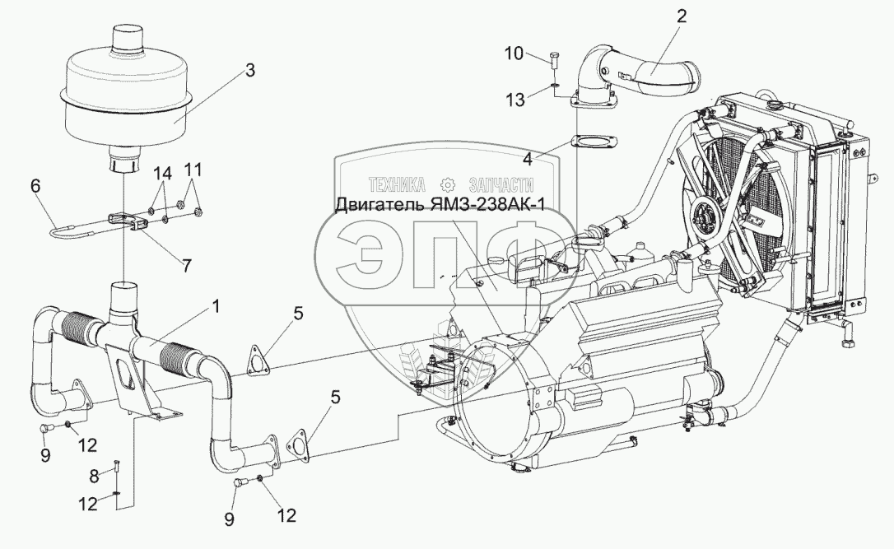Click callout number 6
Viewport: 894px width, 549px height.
coord(35,188)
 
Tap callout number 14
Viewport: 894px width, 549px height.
coord(163,174)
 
